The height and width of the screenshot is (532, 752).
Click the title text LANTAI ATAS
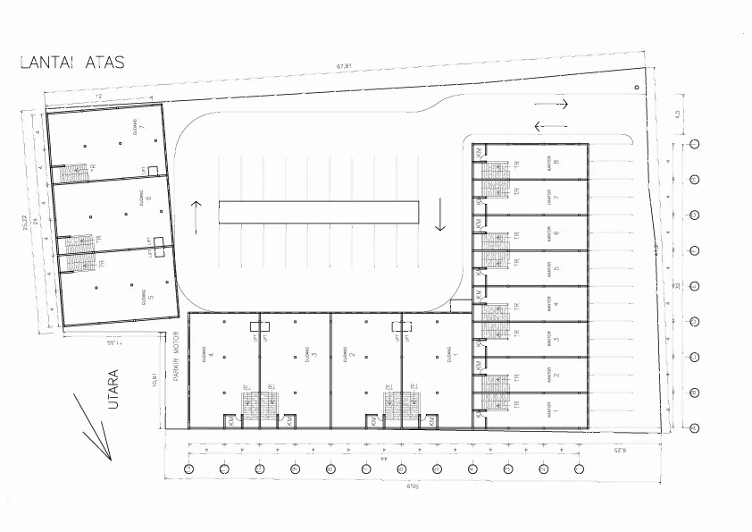(72, 63)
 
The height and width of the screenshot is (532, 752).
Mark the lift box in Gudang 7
(153, 170)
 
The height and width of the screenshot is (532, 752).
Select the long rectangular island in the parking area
(319, 212)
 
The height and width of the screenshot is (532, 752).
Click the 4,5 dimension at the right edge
(678, 114)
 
